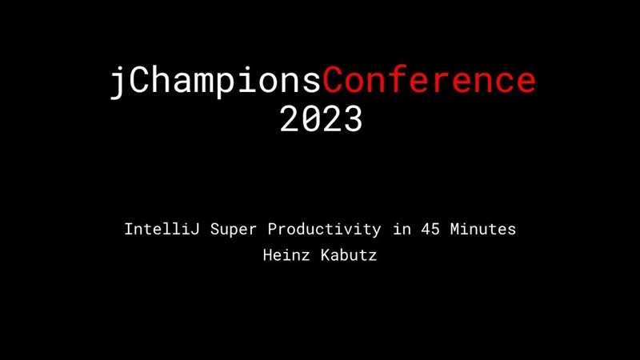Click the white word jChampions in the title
click(x=216, y=82)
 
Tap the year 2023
click(x=321, y=119)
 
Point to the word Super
click(x=235, y=230)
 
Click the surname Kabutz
click(x=350, y=257)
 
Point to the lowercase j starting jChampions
click(x=118, y=82)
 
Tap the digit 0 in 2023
click(x=310, y=119)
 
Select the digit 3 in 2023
click(x=353, y=119)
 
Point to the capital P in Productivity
click(x=272, y=230)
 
